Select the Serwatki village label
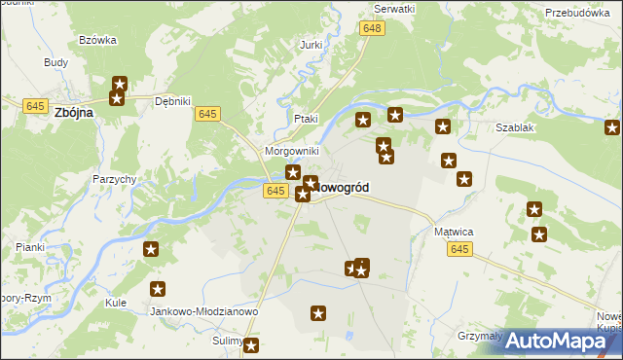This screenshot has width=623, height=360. [394, 8]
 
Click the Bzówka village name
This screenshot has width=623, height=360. [98, 40]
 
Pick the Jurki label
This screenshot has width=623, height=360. [311, 46]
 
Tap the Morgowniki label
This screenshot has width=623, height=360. [292, 152]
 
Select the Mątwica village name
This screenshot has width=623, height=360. [453, 233]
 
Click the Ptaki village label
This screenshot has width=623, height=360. [306, 119]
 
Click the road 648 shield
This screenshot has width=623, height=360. [371, 29]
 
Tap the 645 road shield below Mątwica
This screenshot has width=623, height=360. [460, 250]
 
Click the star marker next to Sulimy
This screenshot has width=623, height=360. [251, 345]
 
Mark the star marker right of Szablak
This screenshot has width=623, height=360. [612, 127]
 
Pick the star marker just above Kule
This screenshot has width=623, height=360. [158, 289]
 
